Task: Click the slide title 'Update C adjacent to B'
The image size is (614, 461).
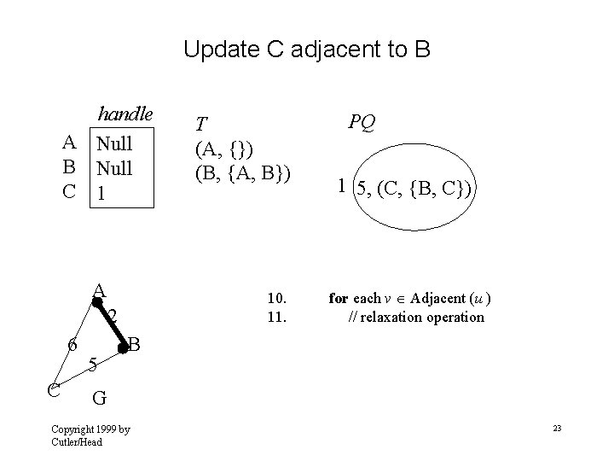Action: pyautogui.click(x=307, y=50)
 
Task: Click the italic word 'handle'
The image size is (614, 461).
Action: pyautogui.click(x=125, y=114)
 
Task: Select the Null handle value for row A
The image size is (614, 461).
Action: pyautogui.click(x=113, y=142)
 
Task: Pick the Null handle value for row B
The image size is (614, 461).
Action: pyautogui.click(x=113, y=167)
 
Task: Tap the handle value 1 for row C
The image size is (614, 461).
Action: pyautogui.click(x=101, y=193)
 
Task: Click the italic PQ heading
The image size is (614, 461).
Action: pyautogui.click(x=361, y=123)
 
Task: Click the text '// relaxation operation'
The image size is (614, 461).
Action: pyautogui.click(x=416, y=317)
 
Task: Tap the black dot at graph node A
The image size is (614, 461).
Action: pyautogui.click(x=97, y=301)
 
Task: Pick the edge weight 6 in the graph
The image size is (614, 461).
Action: pyautogui.click(x=72, y=346)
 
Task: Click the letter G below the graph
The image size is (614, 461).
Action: pyautogui.click(x=99, y=397)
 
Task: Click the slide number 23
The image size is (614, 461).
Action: pyautogui.click(x=556, y=427)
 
